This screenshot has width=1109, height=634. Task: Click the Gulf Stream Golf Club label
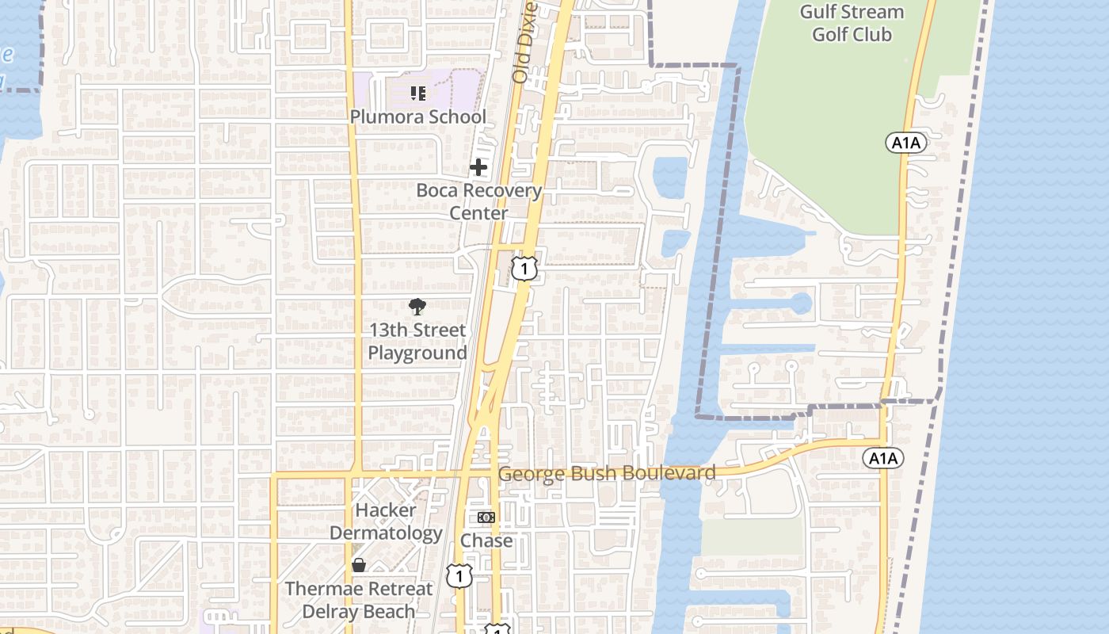852,23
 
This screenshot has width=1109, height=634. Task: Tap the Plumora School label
418,116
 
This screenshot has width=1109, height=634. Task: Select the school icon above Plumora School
418,94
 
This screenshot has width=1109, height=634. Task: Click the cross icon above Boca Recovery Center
478,167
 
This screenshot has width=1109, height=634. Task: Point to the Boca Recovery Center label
478,201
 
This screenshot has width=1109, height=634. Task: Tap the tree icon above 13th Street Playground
417,307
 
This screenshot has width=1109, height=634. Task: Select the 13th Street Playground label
417,342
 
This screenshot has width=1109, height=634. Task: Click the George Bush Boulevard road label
607,474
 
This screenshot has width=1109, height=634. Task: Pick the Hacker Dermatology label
385,521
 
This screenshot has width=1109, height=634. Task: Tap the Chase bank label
486,540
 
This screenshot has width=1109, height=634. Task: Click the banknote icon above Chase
486,518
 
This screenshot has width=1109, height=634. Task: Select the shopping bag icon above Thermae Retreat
359,565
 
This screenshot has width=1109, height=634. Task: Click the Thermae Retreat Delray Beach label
359,600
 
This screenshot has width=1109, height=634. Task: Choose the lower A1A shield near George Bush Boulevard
883,458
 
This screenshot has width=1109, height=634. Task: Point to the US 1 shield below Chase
459,575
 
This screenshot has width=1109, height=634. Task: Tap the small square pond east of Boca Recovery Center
670,176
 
